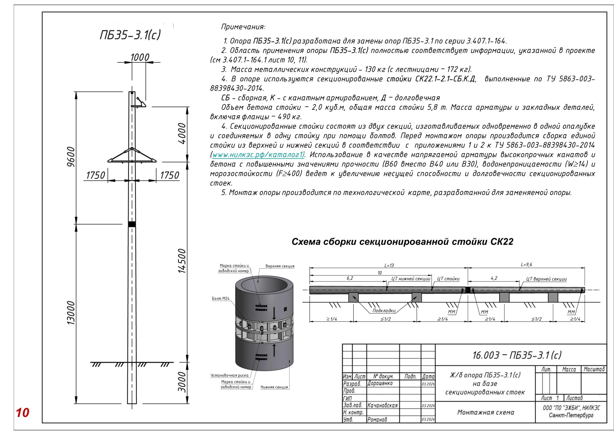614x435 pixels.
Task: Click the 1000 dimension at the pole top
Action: tap(140, 57)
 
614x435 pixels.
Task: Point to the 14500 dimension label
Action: tap(182, 261)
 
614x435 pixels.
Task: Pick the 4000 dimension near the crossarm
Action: tap(182, 133)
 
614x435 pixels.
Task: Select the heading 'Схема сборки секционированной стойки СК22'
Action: tap(402, 242)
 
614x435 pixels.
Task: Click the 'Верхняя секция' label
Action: tap(280, 266)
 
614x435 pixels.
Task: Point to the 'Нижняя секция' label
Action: tap(274, 387)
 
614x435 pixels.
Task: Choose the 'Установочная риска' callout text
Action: tap(229, 375)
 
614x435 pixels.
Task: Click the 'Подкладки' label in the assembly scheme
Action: tap(384, 311)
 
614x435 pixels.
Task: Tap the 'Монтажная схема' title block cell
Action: tap(485, 412)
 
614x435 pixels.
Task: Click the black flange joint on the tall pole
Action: tap(132, 224)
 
